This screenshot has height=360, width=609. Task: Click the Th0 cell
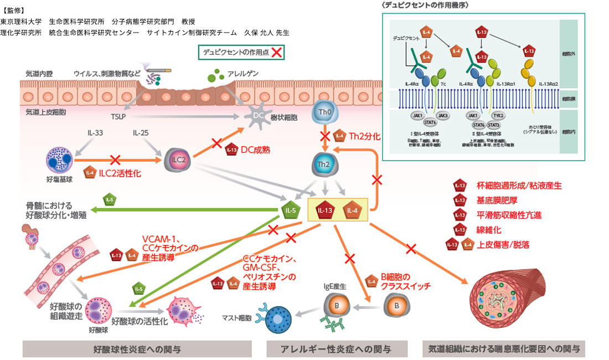pyautogui.click(x=325, y=114)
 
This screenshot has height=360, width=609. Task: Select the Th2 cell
pyautogui.click(x=325, y=165)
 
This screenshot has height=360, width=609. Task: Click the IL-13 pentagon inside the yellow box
pyautogui.click(x=326, y=210)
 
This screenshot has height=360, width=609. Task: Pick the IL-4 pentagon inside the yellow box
pyautogui.click(x=351, y=210)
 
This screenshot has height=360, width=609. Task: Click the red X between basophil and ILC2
pyautogui.click(x=115, y=160)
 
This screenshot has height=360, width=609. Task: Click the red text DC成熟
pyautogui.click(x=255, y=150)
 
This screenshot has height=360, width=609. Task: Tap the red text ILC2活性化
pyautogui.click(x=119, y=173)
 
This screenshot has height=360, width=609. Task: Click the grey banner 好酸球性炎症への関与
pyautogui.click(x=137, y=349)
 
